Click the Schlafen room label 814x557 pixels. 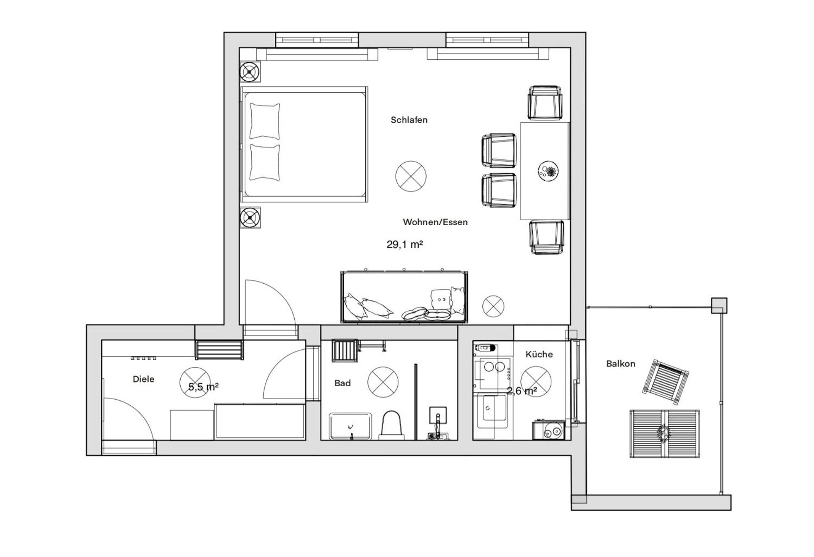[409, 120]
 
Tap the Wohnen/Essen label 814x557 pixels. [435, 222]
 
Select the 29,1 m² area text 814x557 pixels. [404, 245]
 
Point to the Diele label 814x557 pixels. [143, 379]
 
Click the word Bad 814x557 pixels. [342, 383]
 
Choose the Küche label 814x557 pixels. [539, 355]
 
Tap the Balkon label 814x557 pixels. [620, 364]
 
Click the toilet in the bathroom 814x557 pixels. [392, 425]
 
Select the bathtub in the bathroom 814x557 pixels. [350, 426]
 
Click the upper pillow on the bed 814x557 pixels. [265, 121]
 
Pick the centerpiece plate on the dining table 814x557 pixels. [548, 170]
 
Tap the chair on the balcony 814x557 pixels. [666, 382]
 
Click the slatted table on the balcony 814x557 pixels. [664, 434]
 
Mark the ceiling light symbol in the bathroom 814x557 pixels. [383, 382]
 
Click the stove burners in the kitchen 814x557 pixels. [494, 368]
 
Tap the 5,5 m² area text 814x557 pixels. [203, 387]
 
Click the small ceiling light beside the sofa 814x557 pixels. [493, 306]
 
